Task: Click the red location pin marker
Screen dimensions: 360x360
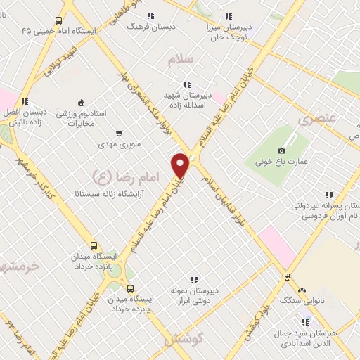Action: [181, 165]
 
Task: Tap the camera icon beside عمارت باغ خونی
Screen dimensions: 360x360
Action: [282, 150]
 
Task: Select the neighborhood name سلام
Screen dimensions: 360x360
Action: [180, 60]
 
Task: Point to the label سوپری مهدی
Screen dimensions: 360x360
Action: [119, 144]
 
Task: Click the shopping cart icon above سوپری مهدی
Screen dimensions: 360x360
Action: [118, 133]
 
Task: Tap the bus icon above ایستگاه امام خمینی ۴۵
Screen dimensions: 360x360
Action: [58, 20]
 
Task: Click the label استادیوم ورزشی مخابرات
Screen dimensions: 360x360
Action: [81, 118]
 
